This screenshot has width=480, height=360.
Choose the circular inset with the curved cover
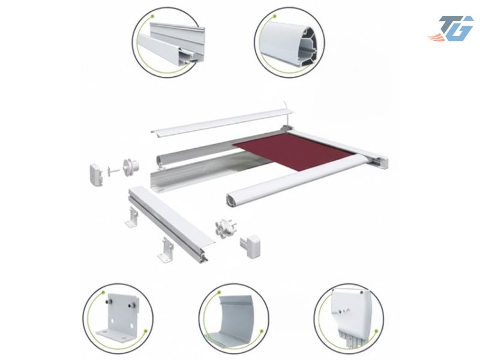click(x=234, y=319)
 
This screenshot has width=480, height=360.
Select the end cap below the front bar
click(x=251, y=246)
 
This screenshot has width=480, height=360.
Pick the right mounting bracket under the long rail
click(x=166, y=249)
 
